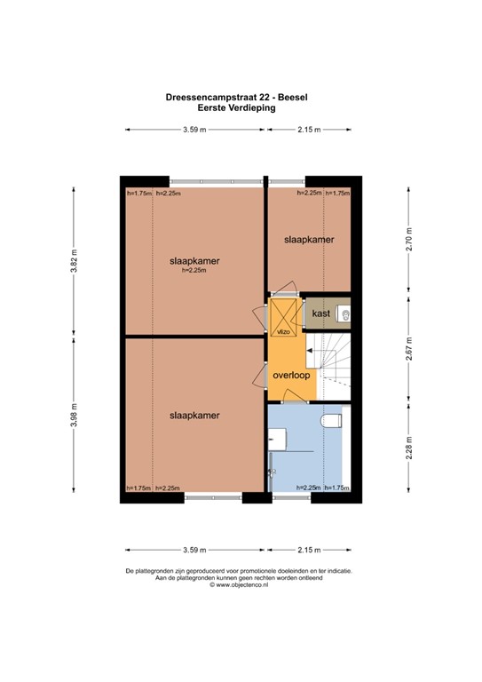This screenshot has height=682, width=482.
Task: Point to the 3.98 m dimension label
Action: [x=74, y=415]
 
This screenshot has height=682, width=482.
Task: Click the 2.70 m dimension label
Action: [x=409, y=241]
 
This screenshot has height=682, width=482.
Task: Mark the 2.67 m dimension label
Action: [x=409, y=346]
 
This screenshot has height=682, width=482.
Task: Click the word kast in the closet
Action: [x=321, y=313]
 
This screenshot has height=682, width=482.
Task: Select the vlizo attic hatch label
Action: [x=283, y=331]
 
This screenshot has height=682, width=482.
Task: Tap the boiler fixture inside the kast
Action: [x=345, y=313]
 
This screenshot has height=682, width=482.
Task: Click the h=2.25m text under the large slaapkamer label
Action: [x=194, y=271]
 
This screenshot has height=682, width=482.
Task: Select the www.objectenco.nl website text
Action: [x=240, y=585]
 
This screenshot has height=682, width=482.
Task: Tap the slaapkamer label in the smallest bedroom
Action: [x=309, y=240]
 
